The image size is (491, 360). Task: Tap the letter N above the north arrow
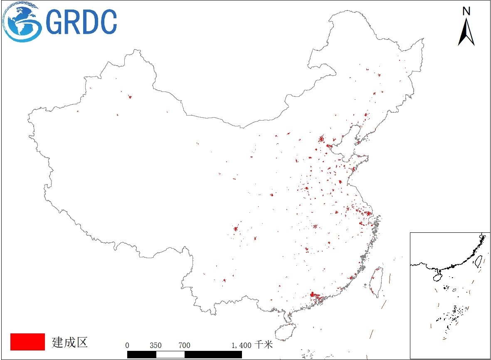click(x=466, y=12)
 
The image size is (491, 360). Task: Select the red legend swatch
click(x=27, y=342)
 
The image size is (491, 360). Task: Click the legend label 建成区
click(x=70, y=342)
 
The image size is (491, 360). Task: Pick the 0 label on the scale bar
click(x=127, y=345)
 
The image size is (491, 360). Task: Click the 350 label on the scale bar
click(x=155, y=345)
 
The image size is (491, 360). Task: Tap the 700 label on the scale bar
click(x=184, y=345)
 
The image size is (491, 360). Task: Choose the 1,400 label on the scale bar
click(x=241, y=345)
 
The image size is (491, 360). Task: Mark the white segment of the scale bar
click(x=170, y=354)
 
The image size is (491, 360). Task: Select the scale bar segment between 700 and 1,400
click(x=213, y=354)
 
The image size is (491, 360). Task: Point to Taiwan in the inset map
click(x=478, y=261)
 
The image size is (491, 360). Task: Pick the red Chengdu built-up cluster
click(x=236, y=228)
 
